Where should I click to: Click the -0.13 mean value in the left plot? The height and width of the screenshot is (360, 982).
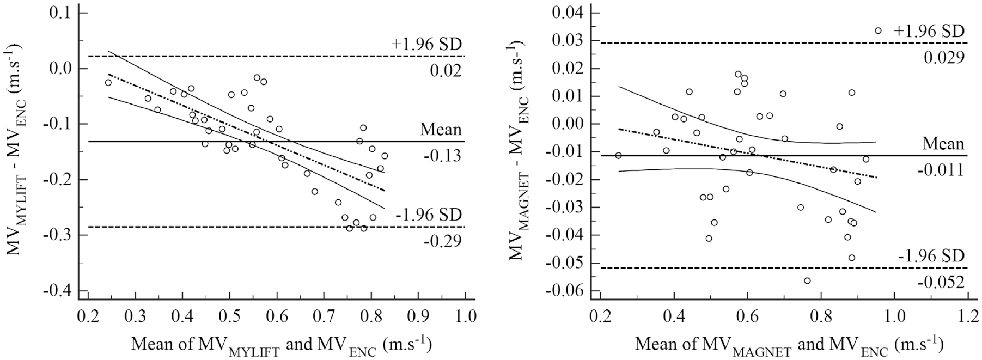(442, 156)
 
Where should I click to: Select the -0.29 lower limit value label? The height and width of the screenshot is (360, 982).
(442, 241)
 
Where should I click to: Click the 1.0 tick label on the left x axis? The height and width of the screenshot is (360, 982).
(465, 316)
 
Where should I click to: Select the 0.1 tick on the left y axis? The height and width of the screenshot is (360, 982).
(60, 13)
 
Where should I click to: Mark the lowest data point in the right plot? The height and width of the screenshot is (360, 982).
(807, 280)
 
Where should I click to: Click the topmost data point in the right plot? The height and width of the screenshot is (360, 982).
(878, 30)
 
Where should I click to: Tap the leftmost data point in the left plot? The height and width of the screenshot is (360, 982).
(108, 82)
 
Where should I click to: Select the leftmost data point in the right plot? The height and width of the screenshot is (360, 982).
(618, 155)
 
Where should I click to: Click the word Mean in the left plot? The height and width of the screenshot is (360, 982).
(441, 130)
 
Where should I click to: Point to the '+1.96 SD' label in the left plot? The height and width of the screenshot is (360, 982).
(426, 44)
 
